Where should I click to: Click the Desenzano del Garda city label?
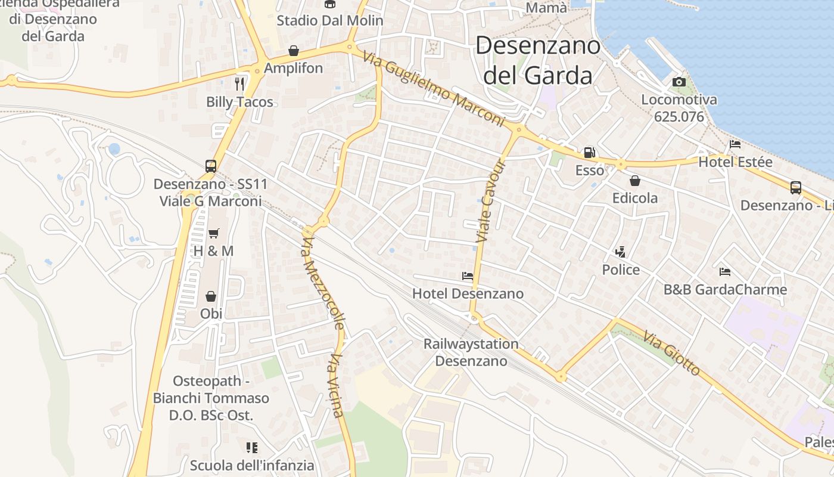pyautogui.click(x=537, y=60)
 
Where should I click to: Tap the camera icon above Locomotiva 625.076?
pyautogui.click(x=679, y=82)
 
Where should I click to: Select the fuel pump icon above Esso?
pyautogui.click(x=589, y=153)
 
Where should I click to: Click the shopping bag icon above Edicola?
pyautogui.click(x=635, y=180)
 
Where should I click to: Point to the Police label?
pyautogui.click(x=621, y=270)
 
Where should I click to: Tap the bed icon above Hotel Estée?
pyautogui.click(x=735, y=144)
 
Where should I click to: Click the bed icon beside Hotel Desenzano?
pyautogui.click(x=468, y=276)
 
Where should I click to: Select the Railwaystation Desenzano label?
pyautogui.click(x=471, y=352)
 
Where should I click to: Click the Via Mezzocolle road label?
pyautogui.click(x=323, y=281)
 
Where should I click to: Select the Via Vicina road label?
pyautogui.click(x=337, y=385)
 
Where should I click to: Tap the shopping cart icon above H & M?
pyautogui.click(x=213, y=233)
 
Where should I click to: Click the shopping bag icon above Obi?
pyautogui.click(x=211, y=296)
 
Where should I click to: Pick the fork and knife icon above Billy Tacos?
pyautogui.click(x=239, y=83)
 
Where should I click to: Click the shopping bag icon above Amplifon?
pyautogui.click(x=293, y=50)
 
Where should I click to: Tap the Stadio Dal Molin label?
pyautogui.click(x=329, y=20)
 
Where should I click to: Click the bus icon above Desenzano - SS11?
pyautogui.click(x=210, y=166)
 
